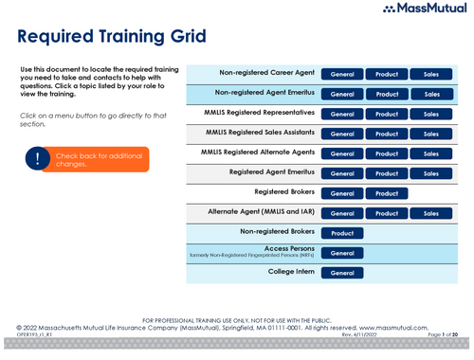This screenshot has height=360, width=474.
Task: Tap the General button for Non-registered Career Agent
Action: click(x=342, y=74)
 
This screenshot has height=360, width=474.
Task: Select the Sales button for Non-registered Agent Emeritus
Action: click(x=431, y=94)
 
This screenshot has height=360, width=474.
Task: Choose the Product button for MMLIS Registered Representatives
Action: click(x=387, y=114)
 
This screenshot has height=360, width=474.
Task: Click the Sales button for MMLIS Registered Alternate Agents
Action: click(x=431, y=153)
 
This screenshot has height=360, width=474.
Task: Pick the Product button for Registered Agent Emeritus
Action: click(x=387, y=173)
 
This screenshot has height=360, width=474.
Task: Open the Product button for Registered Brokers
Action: click(x=387, y=193)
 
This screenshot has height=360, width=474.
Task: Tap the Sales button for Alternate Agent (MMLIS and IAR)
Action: click(x=431, y=213)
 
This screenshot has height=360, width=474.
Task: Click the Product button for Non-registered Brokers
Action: click(x=342, y=233)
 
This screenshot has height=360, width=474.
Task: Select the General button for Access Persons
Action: click(x=342, y=253)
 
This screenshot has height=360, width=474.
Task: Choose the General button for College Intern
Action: click(x=342, y=273)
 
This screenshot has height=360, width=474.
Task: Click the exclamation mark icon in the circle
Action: click(x=38, y=159)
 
